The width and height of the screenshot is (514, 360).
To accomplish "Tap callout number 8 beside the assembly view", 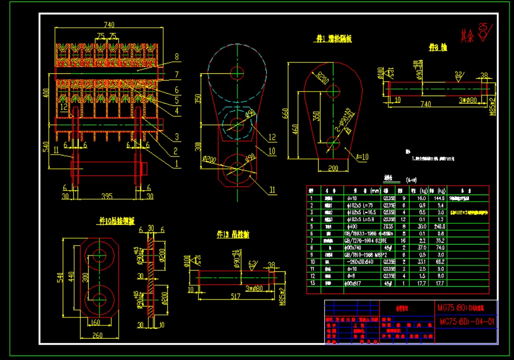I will coord(177,56).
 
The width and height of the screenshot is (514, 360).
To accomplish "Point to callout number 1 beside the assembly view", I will coord(177,162).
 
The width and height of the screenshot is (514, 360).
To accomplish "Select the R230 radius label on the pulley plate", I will coord(323,79).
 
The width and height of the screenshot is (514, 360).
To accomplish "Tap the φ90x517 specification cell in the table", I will coord(355,283).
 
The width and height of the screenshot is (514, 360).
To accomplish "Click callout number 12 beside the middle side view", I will coord(272,137).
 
